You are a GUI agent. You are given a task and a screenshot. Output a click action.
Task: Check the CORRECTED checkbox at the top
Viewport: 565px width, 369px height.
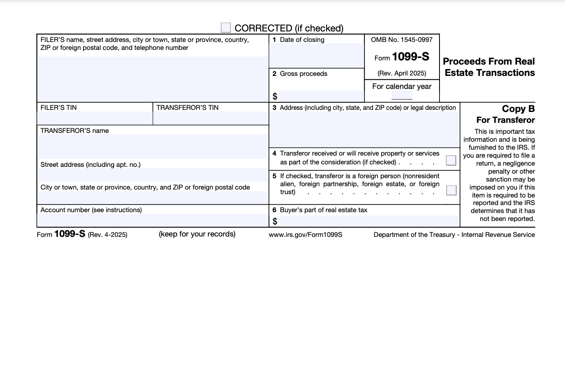(x=226, y=28)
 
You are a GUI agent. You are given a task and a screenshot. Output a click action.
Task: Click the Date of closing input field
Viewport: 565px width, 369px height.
(x=317, y=55)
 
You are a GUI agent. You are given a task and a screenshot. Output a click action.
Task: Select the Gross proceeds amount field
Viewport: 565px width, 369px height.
(x=321, y=96)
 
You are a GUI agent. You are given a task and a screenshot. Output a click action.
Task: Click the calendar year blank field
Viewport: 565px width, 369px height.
(x=402, y=96)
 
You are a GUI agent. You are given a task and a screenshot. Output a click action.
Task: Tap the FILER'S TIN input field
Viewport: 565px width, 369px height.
(x=95, y=118)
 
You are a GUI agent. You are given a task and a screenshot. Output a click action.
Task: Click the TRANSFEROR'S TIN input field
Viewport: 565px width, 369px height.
(x=211, y=118)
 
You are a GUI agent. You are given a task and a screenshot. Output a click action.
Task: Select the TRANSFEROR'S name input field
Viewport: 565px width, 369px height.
(x=153, y=146)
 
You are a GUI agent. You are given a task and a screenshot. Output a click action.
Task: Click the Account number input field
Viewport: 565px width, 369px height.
(x=153, y=220)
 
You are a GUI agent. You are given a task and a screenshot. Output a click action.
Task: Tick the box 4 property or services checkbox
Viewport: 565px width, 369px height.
(x=451, y=160)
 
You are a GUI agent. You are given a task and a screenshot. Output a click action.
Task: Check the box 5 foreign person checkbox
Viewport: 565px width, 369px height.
(x=451, y=190)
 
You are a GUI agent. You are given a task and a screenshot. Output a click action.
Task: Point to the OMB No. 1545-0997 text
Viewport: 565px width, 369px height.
(x=402, y=40)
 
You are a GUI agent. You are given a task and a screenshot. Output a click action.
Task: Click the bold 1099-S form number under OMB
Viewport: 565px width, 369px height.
(x=410, y=57)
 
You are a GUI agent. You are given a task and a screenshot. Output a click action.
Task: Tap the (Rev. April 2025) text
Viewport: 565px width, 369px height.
(x=402, y=73)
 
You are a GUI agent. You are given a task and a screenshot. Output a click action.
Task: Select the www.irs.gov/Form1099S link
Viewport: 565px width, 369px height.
(x=306, y=235)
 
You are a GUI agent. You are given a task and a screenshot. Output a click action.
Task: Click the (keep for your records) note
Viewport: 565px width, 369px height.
(x=197, y=234)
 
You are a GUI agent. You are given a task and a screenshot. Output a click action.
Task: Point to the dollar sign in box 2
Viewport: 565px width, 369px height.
(x=275, y=96)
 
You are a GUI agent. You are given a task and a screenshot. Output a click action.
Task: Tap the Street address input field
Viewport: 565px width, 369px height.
(x=153, y=174)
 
